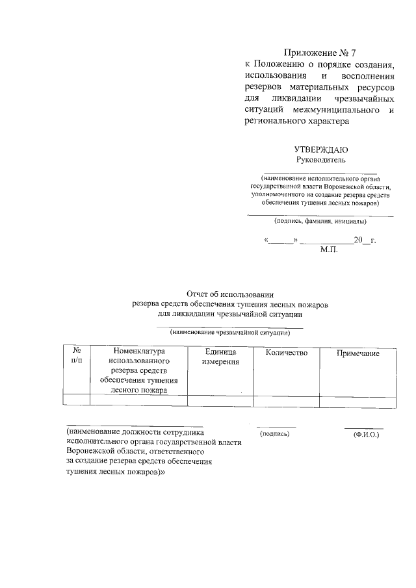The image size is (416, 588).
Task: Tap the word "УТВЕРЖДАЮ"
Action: click(x=321, y=149)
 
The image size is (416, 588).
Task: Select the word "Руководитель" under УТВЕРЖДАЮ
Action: click(x=321, y=160)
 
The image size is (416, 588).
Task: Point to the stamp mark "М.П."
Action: click(x=330, y=250)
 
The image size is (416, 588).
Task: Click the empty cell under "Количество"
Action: click(x=286, y=401)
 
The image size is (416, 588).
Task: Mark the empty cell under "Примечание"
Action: click(x=357, y=401)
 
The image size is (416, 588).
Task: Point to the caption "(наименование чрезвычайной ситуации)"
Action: click(x=230, y=332)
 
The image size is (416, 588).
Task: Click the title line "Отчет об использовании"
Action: click(x=231, y=294)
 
